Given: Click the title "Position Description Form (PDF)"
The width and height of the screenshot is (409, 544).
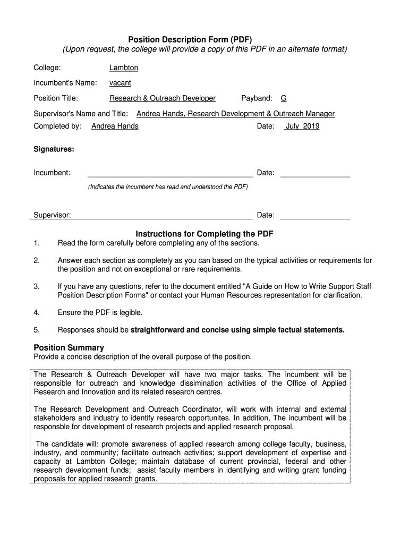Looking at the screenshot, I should point(190,39).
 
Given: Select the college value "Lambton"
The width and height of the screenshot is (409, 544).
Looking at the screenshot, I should point(124,68).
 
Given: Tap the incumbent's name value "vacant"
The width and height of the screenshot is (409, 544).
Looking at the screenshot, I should point(120,83).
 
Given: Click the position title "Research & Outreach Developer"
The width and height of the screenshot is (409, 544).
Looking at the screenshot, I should point(163,98).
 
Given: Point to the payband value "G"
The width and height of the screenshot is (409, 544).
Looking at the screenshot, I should point(284,98).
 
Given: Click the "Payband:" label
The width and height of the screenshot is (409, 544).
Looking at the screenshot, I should point(257,98).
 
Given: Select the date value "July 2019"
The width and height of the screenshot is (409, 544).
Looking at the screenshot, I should point(302,126).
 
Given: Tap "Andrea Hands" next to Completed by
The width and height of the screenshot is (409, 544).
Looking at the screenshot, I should point(115,126).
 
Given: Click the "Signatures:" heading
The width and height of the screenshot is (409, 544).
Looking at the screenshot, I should point(54,149).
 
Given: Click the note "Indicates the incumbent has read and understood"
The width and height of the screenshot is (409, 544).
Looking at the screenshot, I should point(168,187).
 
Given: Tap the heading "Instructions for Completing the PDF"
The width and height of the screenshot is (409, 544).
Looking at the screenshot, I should point(204,234).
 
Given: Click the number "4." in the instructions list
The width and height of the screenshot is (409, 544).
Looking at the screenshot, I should point(37,313).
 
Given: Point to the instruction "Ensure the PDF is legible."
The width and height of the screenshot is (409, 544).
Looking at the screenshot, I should point(100,313).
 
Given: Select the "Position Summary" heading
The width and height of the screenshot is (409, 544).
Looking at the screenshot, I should point(69,347).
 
